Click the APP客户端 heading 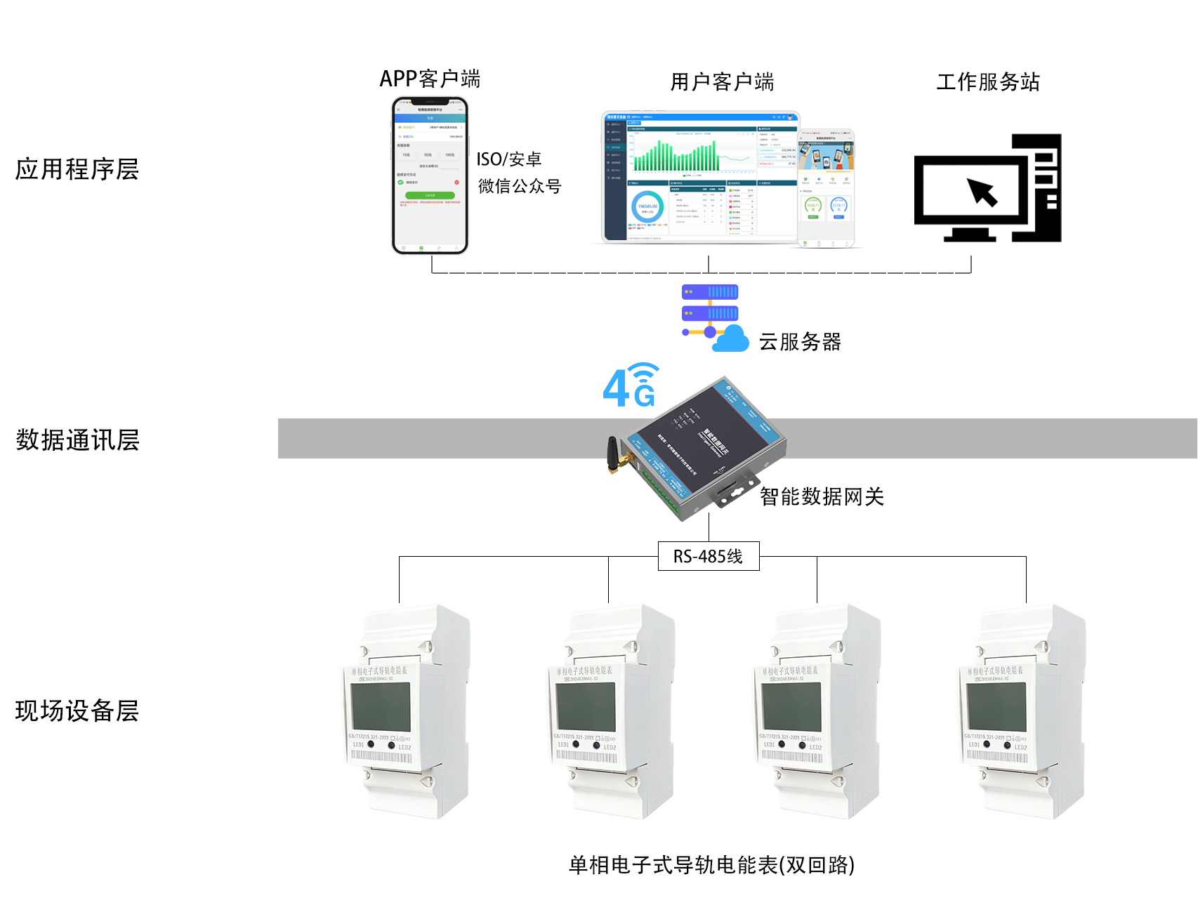point(430,79)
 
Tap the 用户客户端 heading point(722,82)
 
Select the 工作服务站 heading point(987,82)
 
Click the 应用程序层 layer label point(77,169)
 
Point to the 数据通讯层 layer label point(77,440)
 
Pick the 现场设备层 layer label point(77,711)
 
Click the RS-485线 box point(708,557)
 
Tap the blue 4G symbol point(631,387)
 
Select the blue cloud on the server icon point(731,339)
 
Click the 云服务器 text point(800,342)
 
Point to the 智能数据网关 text point(822,497)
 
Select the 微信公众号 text point(520,187)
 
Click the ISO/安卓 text point(509,159)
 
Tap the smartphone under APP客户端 point(430,176)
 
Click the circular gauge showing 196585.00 point(647,207)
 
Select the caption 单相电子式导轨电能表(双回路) point(711,865)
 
